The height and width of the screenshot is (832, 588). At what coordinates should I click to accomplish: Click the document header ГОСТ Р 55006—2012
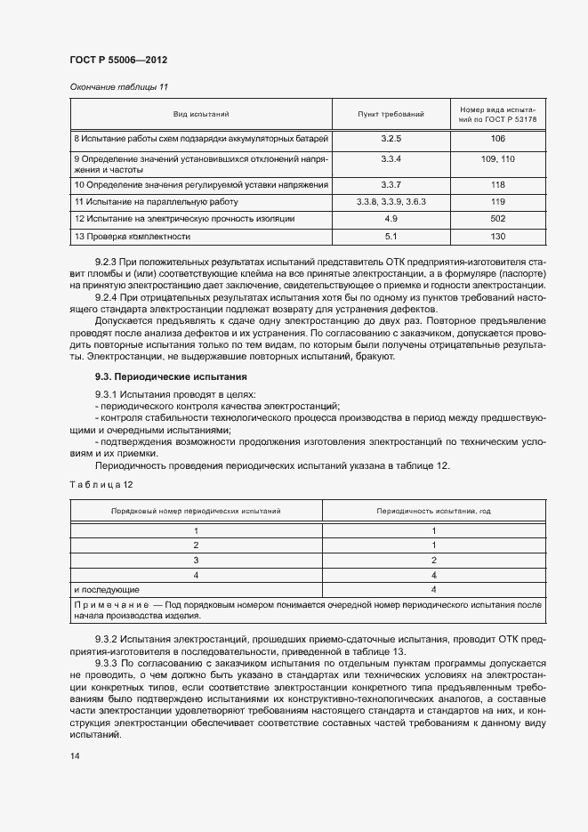point(118,60)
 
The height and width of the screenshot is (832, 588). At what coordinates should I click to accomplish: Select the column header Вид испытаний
point(201,115)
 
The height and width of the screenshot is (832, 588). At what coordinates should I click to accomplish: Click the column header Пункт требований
point(391,115)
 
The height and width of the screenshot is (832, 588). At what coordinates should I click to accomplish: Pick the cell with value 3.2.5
point(391,139)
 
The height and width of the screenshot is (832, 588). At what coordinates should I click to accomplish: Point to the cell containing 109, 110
point(497,158)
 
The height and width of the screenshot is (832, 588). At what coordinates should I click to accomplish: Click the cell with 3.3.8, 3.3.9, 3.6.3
point(391,202)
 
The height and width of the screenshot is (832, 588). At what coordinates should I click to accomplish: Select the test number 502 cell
point(497,219)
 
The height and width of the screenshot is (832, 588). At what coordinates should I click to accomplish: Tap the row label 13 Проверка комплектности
point(133,236)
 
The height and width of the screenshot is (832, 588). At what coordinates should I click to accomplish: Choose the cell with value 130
point(497,236)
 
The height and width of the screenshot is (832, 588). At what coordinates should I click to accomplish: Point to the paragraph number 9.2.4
point(106,295)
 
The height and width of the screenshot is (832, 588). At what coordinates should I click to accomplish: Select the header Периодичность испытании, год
point(433,512)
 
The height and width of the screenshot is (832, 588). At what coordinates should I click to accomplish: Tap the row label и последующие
point(106,589)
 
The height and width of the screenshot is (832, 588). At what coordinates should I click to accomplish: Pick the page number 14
point(74,755)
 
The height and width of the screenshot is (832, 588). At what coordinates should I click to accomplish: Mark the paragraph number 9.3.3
point(106,664)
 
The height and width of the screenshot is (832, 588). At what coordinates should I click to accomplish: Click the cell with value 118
point(497,185)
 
